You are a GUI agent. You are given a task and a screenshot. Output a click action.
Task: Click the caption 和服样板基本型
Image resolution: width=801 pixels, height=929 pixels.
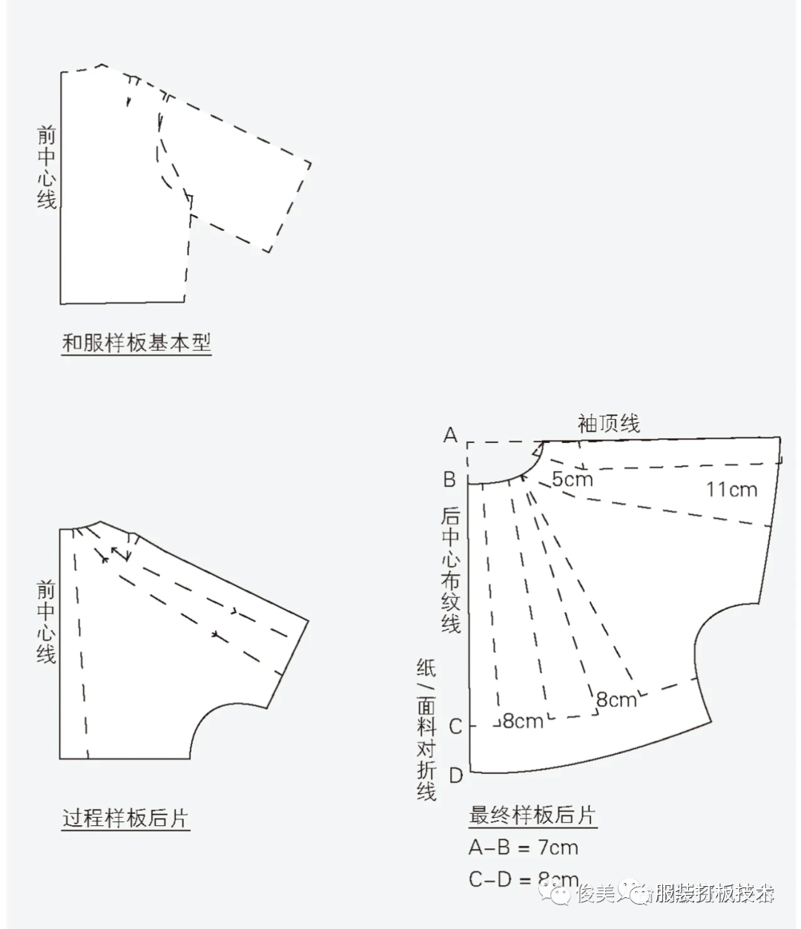coord(136,344)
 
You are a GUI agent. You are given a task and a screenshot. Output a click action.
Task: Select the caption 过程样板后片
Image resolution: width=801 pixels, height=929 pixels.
coord(125,818)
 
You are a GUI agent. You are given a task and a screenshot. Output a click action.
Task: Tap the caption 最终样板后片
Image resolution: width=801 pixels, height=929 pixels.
coord(533,815)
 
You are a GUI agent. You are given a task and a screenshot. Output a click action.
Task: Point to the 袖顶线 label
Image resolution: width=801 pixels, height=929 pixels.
coord(608,424)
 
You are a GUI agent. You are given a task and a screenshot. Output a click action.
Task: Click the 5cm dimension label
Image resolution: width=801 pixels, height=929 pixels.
coord(573,479)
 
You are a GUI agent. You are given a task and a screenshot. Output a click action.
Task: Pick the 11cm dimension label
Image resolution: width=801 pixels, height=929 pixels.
coord(731,489)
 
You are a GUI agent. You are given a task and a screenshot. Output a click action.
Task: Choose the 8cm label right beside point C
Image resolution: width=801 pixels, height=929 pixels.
coord(523,720)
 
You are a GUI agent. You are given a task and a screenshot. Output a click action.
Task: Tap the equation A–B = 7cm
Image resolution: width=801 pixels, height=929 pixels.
coord(524,847)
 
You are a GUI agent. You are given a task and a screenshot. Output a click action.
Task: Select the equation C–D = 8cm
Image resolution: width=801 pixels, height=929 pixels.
coord(524,880)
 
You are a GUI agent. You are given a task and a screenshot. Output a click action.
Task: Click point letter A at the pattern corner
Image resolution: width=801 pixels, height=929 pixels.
coord(450,435)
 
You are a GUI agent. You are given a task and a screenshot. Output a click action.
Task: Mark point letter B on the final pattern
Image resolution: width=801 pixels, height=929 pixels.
coord(449,479)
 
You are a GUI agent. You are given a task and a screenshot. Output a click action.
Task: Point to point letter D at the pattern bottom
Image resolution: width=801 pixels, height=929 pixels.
coord(456,776)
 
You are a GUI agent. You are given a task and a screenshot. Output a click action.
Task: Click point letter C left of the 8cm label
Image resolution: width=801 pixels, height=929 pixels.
coord(455,726)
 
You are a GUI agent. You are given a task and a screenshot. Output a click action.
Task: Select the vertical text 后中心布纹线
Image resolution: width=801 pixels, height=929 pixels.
coord(450,569)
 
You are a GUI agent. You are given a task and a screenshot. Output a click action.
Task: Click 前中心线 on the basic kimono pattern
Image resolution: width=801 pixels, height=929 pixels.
coord(47,167)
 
